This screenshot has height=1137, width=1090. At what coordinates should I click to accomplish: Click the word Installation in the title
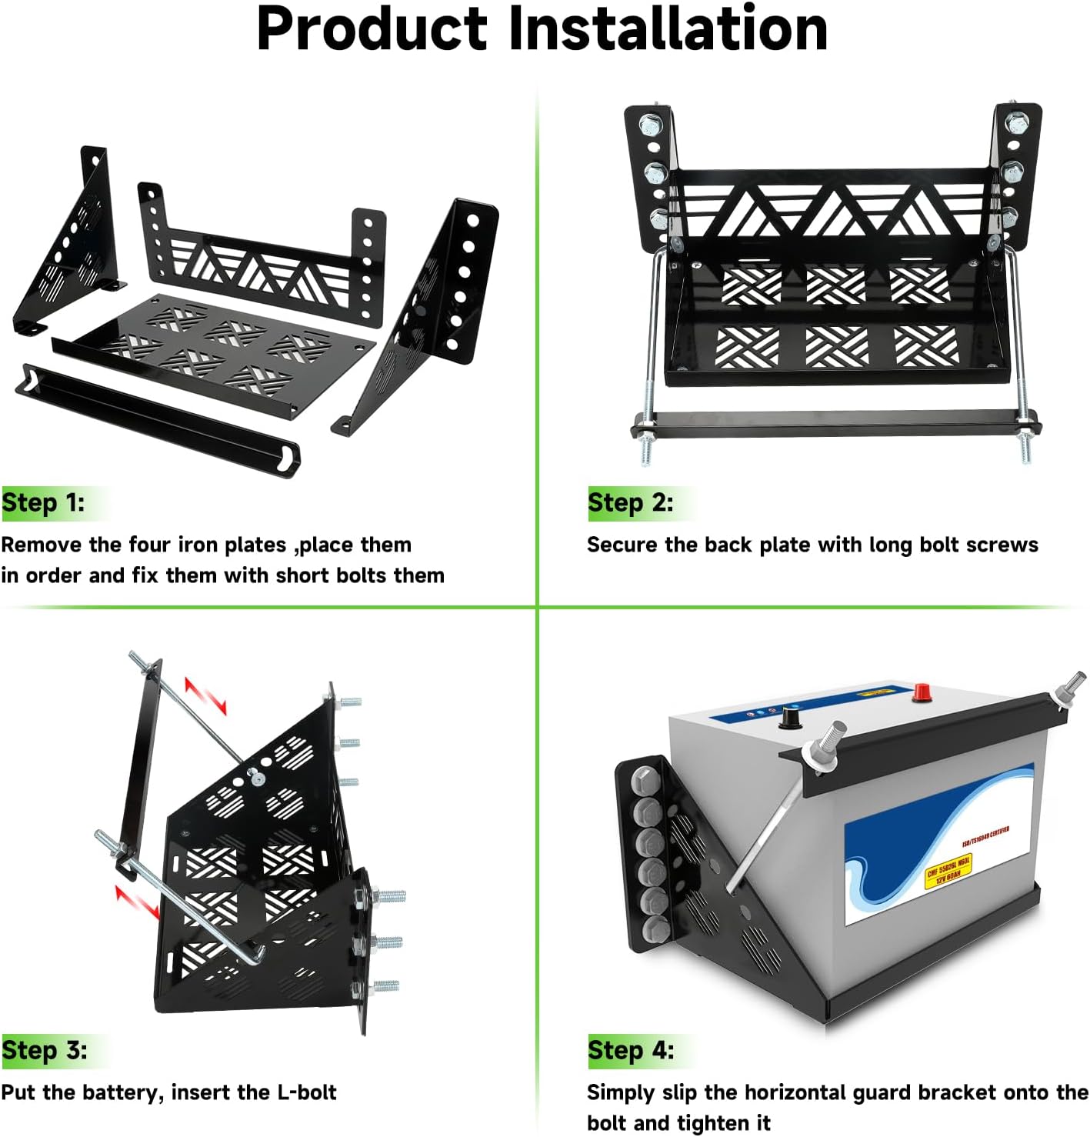[668, 28]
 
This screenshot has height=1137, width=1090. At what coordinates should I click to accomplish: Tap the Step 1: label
[43, 503]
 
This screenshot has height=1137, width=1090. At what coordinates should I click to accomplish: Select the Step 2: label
[630, 503]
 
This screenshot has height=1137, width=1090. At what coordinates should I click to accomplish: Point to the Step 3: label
[44, 1051]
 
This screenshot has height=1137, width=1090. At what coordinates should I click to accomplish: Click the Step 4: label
[631, 1051]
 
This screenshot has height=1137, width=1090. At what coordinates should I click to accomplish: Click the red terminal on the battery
[922, 692]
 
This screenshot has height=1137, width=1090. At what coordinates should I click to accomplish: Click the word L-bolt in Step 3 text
[306, 1092]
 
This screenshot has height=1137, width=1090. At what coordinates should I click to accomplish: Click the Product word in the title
[372, 28]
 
